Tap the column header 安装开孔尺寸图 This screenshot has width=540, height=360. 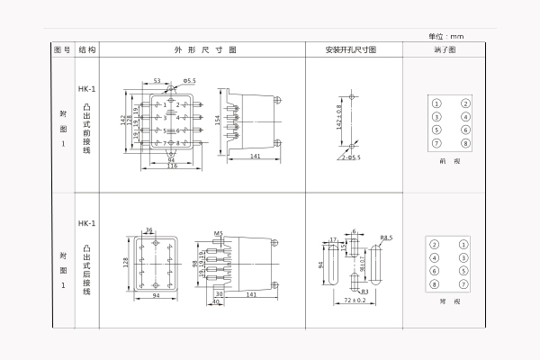(351, 50)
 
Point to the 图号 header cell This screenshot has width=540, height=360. (61, 50)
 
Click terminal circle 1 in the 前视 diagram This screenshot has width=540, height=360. (436, 103)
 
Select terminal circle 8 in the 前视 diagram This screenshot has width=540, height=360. (466, 143)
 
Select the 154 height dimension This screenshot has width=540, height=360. (217, 120)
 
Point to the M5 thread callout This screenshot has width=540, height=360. (218, 234)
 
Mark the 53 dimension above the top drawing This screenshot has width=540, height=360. (157, 81)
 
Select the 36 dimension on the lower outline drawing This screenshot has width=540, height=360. (148, 229)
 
